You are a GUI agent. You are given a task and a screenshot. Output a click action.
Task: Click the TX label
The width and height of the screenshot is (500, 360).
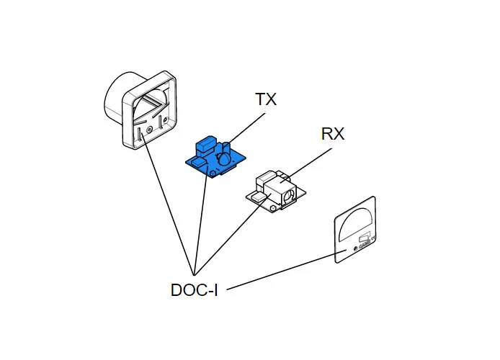[266, 99]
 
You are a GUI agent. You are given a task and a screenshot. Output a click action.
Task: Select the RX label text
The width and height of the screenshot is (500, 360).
[333, 134]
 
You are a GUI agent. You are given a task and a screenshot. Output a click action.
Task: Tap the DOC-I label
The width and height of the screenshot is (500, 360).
[194, 290]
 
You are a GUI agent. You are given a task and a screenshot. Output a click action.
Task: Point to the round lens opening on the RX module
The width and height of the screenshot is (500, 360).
[288, 194]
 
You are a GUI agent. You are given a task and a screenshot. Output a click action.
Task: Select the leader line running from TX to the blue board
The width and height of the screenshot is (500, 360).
[245, 127]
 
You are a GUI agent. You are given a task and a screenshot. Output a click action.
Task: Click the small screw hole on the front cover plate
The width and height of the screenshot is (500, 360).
[355, 249]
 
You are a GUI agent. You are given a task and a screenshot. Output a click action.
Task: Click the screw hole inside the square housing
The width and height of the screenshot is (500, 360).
[149, 130]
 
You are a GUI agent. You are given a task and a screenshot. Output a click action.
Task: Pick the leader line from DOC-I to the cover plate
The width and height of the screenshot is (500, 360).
[281, 271]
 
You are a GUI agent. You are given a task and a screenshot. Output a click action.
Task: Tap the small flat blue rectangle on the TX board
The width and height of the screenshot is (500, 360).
[195, 163]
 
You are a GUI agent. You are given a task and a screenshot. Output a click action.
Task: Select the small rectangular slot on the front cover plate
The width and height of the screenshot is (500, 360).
[364, 235]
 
